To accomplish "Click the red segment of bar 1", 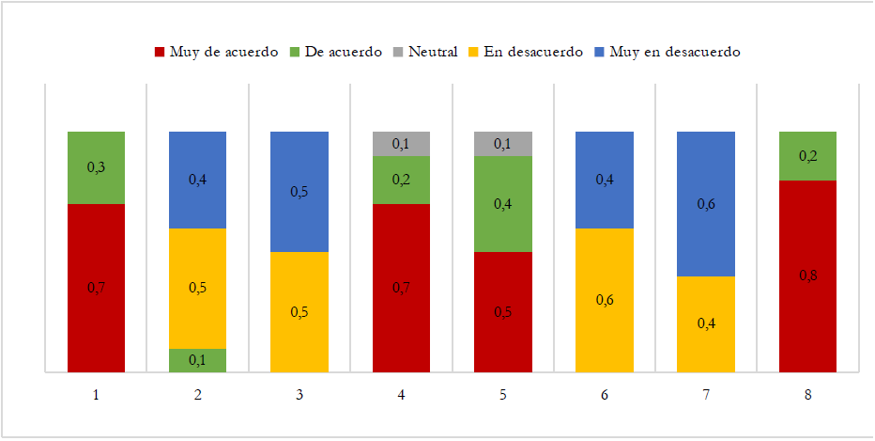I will click(96, 288).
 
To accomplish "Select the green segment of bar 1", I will click(96, 167).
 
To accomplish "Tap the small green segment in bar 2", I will click(197, 361).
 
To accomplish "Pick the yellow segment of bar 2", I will click(197, 288).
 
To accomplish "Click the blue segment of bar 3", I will click(299, 192).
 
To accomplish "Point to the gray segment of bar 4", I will click(401, 144).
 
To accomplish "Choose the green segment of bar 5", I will click(503, 203).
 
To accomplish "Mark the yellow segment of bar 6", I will click(605, 300).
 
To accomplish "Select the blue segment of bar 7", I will click(706, 203).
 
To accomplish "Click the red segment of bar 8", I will click(808, 276).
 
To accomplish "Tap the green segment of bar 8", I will click(808, 156).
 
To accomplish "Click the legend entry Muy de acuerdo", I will click(216, 52).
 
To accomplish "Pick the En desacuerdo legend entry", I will click(526, 52).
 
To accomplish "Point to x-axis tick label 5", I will click(503, 396).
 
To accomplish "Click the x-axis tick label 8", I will click(808, 396).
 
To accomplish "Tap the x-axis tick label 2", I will click(198, 396).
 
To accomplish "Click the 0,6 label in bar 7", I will click(706, 203).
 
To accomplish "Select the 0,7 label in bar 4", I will click(401, 288).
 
